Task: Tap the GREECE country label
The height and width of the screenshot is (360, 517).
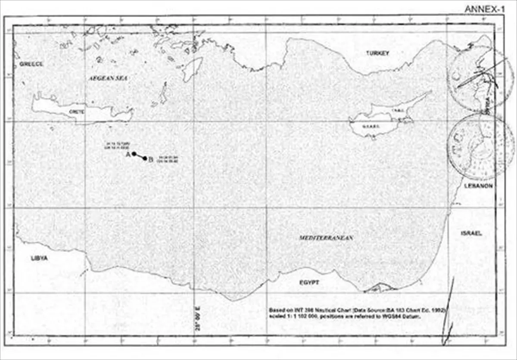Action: (x=31, y=64)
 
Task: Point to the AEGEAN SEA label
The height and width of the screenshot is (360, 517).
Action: (x=103, y=78)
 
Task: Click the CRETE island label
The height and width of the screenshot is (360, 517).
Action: (x=77, y=111)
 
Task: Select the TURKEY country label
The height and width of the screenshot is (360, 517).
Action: (x=377, y=53)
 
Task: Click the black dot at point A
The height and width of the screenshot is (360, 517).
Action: (x=134, y=154)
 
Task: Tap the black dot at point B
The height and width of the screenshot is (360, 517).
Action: (x=145, y=158)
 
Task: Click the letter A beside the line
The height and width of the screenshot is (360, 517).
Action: (x=128, y=154)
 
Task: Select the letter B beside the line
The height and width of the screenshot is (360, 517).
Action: (x=151, y=160)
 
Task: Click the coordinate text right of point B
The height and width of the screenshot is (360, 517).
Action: (x=167, y=160)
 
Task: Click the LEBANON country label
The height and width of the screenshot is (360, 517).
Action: (x=478, y=186)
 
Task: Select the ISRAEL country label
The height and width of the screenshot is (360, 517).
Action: (x=471, y=233)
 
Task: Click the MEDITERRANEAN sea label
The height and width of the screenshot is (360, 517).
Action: (x=326, y=238)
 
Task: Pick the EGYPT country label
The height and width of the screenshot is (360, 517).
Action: (x=309, y=282)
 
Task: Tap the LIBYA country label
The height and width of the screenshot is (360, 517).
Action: (x=39, y=258)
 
